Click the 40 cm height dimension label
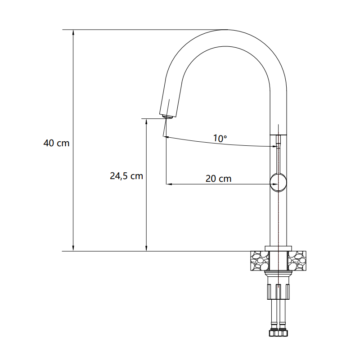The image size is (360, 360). point(56,143)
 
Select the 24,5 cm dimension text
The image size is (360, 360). point(126,176)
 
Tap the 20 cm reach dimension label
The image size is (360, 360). point(218,179)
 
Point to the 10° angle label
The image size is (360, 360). point(220,138)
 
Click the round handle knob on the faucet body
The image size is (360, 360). point(279,183)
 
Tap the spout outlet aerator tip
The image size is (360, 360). point(167,117)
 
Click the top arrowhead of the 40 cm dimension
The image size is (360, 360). point(73,32)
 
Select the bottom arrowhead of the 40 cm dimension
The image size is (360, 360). point(73,248)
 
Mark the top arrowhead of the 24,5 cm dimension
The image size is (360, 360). point(146,121)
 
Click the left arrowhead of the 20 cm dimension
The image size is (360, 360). point(169,184)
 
